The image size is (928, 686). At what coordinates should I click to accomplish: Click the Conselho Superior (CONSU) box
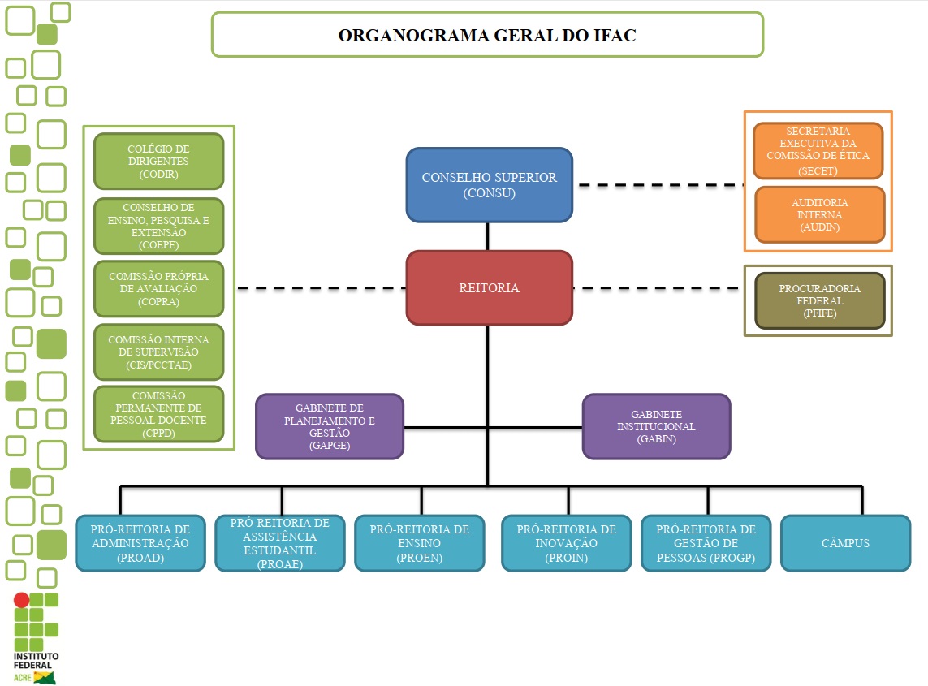click(x=489, y=185)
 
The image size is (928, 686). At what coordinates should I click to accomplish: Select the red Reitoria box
click(x=489, y=288)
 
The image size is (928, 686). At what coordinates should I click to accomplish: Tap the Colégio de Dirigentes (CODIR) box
click(x=158, y=161)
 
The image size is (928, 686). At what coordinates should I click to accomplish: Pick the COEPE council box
click(x=158, y=226)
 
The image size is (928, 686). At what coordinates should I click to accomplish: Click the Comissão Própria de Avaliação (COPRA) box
click(x=158, y=288)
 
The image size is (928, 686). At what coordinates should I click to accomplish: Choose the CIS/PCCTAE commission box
click(x=158, y=352)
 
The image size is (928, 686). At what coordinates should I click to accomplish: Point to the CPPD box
click(x=158, y=414)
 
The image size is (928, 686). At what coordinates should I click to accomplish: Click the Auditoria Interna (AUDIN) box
click(x=819, y=215)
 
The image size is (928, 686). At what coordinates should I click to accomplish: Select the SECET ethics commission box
click(x=818, y=151)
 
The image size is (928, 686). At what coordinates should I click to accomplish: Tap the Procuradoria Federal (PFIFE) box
click(x=819, y=300)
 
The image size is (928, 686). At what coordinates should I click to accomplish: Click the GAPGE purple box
click(x=329, y=426)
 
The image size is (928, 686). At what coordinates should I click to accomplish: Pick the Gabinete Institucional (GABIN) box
click(x=656, y=426)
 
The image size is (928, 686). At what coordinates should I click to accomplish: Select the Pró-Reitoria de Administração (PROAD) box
click(x=140, y=543)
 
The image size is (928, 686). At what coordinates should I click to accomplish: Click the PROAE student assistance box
click(x=279, y=543)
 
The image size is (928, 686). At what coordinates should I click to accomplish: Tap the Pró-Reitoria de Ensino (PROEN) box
click(x=419, y=543)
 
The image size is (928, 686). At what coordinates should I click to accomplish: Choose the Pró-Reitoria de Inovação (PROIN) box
click(x=566, y=543)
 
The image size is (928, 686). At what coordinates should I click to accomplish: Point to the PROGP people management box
click(x=706, y=543)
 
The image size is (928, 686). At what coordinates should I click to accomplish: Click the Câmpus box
click(x=845, y=543)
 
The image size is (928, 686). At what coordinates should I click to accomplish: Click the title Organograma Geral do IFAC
click(x=487, y=35)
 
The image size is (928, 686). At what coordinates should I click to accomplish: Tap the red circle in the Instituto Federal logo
click(x=22, y=600)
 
